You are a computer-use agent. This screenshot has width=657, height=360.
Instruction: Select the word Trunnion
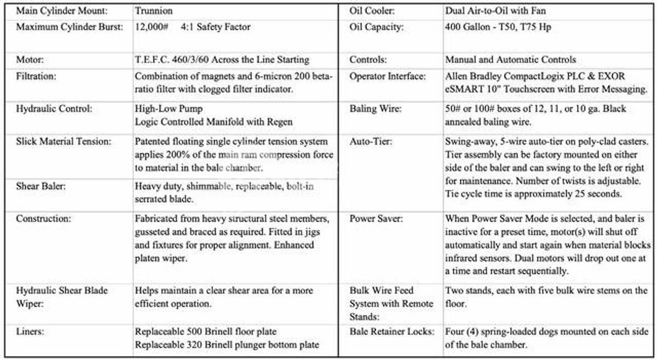pos(153,10)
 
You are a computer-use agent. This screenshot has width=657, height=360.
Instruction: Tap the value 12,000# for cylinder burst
pos(151,26)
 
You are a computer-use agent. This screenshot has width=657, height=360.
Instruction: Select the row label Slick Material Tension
pos(64,142)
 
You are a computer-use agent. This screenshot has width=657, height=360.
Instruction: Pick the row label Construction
pos(43,219)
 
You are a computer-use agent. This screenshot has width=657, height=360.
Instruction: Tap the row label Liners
pos(30,332)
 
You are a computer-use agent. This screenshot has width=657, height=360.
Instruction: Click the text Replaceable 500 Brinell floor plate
pos(205,332)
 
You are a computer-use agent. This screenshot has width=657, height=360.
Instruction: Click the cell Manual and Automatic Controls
pos(510,60)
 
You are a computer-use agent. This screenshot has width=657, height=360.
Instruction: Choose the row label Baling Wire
pos(375,109)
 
